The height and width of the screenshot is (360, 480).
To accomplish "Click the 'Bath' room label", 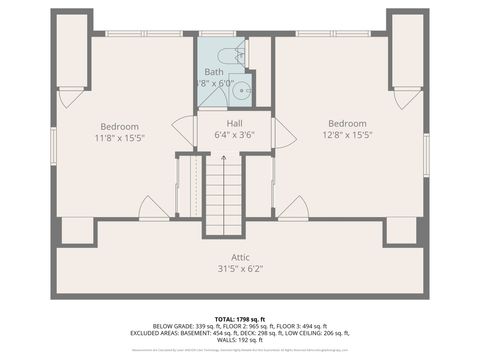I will (x=214, y=73).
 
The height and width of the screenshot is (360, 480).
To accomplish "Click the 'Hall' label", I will (x=234, y=123).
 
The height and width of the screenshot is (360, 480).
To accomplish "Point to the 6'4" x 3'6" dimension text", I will (x=234, y=135).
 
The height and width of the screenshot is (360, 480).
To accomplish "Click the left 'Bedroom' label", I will (x=119, y=126).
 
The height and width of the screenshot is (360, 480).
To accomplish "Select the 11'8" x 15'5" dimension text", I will (x=119, y=138).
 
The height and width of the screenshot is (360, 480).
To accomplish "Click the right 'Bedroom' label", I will (x=346, y=123).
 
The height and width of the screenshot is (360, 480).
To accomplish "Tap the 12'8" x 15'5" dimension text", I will (x=346, y=135).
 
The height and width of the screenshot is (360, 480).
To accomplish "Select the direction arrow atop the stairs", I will (x=224, y=161).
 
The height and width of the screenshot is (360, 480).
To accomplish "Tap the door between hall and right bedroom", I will (x=285, y=133).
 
